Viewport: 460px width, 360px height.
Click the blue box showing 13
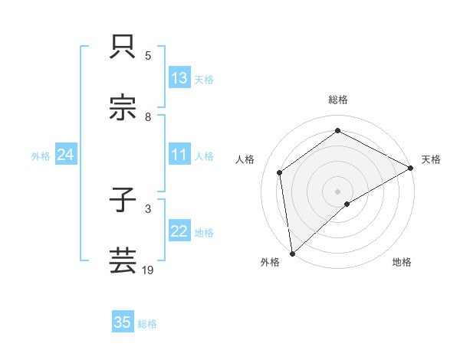(179, 78)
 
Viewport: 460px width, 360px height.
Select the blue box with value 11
(179, 155)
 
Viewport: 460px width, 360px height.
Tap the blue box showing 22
(179, 232)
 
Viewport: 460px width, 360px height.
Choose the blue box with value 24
(66, 155)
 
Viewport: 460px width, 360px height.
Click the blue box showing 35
(123, 322)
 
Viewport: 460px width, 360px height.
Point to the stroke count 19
(147, 270)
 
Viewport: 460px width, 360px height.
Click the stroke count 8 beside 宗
(148, 117)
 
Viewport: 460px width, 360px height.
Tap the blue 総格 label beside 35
(147, 324)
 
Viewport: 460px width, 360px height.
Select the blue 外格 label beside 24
(41, 156)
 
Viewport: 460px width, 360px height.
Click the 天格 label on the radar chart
(431, 159)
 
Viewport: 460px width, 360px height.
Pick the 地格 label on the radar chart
(402, 263)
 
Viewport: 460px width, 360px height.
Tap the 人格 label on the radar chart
(245, 159)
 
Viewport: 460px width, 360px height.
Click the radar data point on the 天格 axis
(411, 167)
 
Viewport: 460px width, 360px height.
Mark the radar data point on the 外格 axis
(291, 253)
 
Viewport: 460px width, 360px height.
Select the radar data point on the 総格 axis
(337, 131)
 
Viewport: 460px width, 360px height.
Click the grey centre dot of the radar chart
(337, 191)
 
